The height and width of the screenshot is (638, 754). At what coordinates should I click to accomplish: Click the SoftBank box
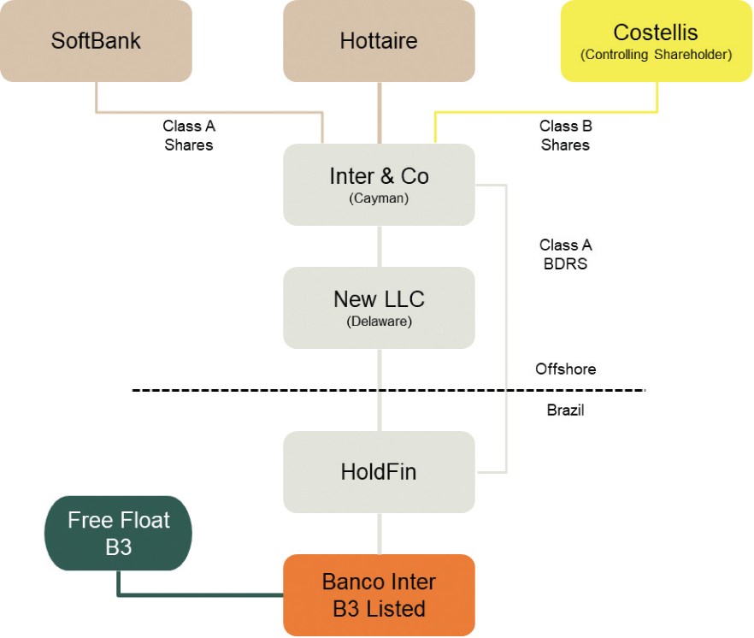click(96, 40)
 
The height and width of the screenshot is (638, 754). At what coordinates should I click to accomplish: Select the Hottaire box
click(379, 40)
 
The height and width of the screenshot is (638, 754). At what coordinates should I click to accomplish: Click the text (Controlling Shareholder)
click(656, 55)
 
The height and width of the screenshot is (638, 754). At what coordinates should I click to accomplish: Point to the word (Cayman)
click(379, 199)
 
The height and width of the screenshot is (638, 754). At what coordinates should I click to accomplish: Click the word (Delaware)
click(379, 322)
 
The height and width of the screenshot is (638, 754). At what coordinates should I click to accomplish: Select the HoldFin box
click(379, 471)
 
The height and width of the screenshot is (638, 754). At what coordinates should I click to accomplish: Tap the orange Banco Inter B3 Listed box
click(379, 594)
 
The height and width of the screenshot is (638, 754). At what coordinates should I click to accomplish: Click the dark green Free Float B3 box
click(118, 533)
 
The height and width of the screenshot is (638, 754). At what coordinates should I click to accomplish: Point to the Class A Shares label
click(188, 135)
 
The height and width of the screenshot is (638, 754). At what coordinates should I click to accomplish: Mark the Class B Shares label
click(565, 135)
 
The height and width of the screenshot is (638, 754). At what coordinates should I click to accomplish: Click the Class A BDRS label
click(565, 254)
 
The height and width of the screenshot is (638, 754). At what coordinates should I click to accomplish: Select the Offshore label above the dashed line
click(565, 369)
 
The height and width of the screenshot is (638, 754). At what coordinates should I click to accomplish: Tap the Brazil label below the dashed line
click(565, 411)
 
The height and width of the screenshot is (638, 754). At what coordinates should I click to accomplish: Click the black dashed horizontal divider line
click(256, 390)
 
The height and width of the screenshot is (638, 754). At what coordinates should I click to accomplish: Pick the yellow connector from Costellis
click(547, 112)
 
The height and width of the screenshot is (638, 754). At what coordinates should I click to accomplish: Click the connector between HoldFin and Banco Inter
click(379, 534)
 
